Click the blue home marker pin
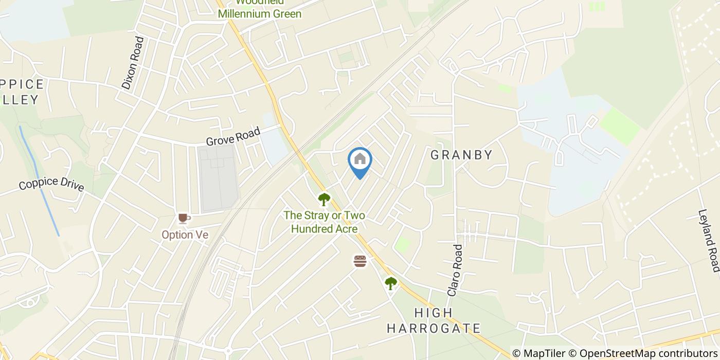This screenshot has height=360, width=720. [x=360, y=160]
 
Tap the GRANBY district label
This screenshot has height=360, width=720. [x=461, y=155]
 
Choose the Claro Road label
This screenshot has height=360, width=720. [x=455, y=270]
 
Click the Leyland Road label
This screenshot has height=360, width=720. [x=709, y=240]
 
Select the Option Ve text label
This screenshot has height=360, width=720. [x=185, y=235]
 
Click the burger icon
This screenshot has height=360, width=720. [x=360, y=261]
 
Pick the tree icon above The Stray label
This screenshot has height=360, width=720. [x=323, y=199]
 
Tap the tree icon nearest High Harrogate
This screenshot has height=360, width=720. [x=391, y=283]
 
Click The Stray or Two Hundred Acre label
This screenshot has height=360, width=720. [x=324, y=222]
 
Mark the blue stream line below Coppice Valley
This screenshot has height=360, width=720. [x=39, y=180]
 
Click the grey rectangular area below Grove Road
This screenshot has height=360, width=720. [x=219, y=177]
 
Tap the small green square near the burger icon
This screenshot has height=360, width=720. [x=403, y=244]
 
